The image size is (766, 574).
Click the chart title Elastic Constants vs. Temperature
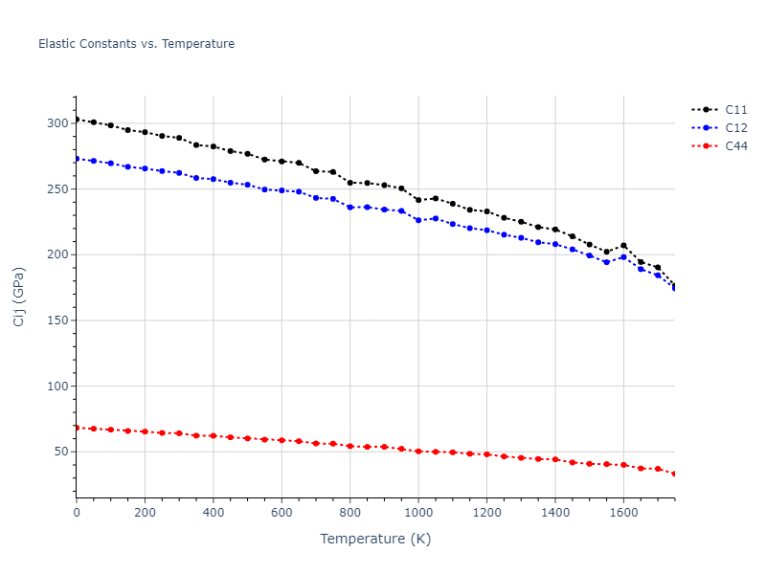[x=136, y=44]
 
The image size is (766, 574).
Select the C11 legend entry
[x=735, y=110]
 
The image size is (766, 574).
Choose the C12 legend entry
[x=735, y=128]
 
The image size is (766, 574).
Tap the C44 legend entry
[x=735, y=146]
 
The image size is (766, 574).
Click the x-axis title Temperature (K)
[x=375, y=539]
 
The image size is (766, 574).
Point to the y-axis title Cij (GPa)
[x=19, y=297]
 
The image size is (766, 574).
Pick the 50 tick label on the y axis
[x=59, y=452]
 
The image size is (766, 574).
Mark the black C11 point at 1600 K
[x=623, y=246]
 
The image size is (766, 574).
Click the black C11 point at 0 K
[x=77, y=120]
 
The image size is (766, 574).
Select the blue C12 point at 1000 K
[x=418, y=220]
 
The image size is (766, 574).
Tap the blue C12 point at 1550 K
[x=606, y=261]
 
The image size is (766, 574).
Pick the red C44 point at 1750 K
[x=674, y=474]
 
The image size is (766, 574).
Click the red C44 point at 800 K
[x=350, y=446]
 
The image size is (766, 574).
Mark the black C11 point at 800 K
[x=350, y=183]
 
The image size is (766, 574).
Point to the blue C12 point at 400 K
[x=214, y=179]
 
